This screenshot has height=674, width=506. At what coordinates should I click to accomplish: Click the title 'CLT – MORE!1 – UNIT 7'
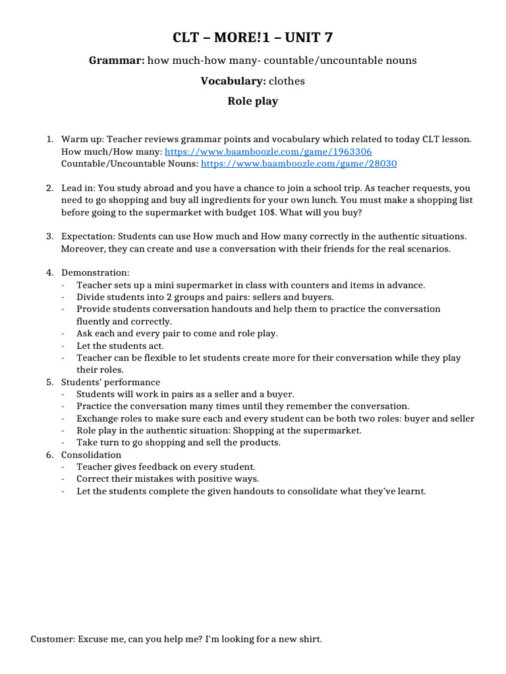pyautogui.click(x=253, y=38)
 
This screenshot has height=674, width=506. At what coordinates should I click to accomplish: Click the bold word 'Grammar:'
pyautogui.click(x=117, y=61)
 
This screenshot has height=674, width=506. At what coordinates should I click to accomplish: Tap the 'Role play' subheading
pyautogui.click(x=253, y=101)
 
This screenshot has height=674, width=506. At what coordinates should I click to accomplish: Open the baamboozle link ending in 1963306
pyautogui.click(x=268, y=151)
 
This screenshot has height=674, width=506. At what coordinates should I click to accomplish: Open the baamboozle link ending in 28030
pyautogui.click(x=298, y=163)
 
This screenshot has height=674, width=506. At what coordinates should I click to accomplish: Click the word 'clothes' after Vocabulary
pyautogui.click(x=287, y=81)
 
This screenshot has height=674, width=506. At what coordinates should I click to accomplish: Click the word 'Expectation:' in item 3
pyautogui.click(x=88, y=236)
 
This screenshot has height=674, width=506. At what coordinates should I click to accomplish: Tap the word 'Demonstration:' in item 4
pyautogui.click(x=96, y=272)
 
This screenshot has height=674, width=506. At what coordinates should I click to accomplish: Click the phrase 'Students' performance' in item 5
pyautogui.click(x=111, y=382)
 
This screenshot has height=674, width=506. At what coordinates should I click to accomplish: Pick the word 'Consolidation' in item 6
pyautogui.click(x=92, y=455)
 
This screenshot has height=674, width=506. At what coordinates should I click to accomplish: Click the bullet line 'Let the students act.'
pyautogui.click(x=120, y=346)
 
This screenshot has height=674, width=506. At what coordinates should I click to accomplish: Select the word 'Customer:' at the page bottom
pyautogui.click(x=53, y=639)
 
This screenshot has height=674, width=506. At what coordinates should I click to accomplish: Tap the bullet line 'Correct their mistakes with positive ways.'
pyautogui.click(x=167, y=479)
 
